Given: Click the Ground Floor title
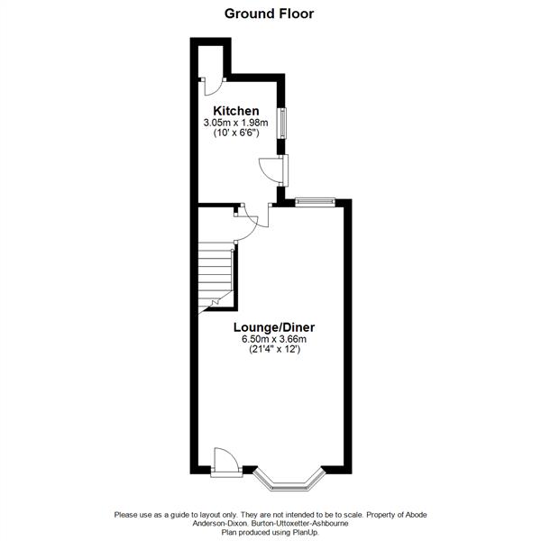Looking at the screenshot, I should tap(269, 14).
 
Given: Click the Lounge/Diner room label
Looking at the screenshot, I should tap(274, 326).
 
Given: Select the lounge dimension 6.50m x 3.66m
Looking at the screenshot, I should tap(274, 339).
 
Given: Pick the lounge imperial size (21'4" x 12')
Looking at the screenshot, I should tap(274, 350).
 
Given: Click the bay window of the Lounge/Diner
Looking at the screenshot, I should tap(289, 481).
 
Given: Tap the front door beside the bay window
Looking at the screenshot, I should tap(225, 461).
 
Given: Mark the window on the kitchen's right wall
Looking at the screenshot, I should tap(282, 124).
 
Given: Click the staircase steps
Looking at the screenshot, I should tap(216, 270).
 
